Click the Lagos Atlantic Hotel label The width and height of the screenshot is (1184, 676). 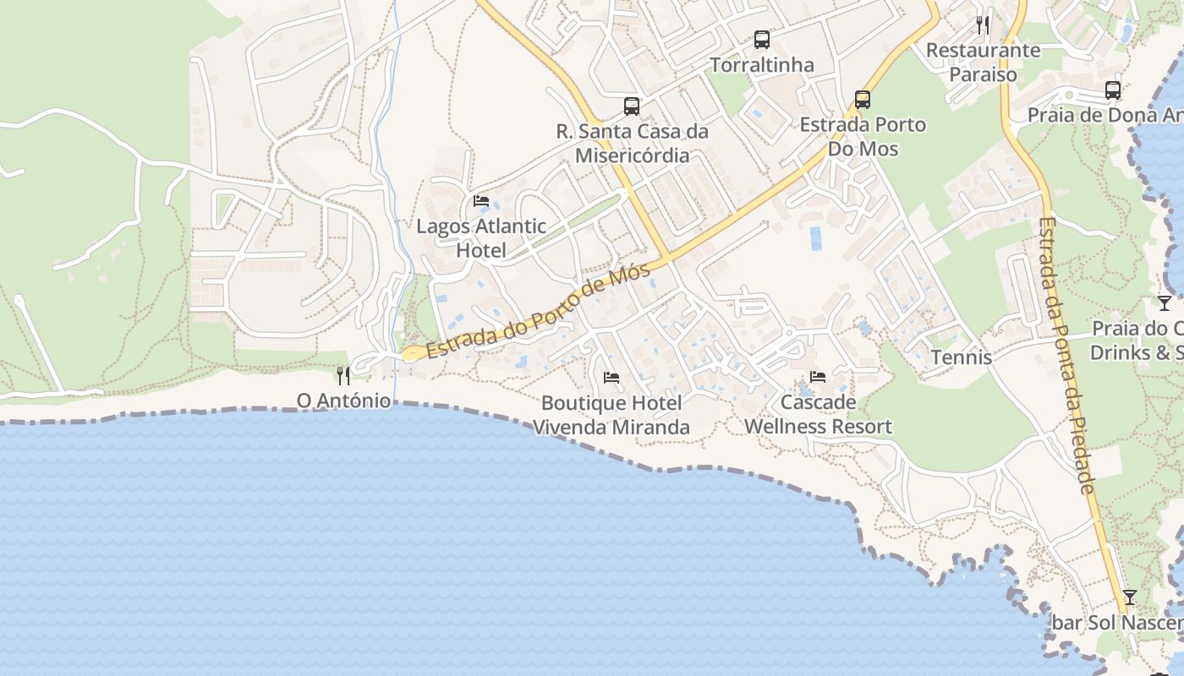[x=481, y=238]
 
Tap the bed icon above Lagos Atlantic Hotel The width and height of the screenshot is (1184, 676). [x=481, y=201]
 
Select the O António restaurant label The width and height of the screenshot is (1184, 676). [x=343, y=400]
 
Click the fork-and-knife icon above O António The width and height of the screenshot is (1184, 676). [x=343, y=375]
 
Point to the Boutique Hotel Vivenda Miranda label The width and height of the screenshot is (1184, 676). [x=611, y=415]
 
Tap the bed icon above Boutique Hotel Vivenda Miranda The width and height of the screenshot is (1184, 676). [x=611, y=377]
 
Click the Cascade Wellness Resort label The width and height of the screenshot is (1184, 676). [x=818, y=414]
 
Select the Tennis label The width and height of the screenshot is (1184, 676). [x=962, y=357]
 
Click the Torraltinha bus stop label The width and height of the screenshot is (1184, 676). [x=762, y=65]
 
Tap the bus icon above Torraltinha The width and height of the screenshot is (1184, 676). [x=762, y=40]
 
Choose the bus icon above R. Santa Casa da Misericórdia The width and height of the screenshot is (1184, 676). [x=632, y=106]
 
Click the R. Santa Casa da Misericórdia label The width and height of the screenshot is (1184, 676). [x=632, y=144]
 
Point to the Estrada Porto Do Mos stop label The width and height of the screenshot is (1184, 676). [x=863, y=137]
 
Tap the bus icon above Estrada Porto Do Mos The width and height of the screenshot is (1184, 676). [x=863, y=100]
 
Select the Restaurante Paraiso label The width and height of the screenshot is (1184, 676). [x=983, y=62]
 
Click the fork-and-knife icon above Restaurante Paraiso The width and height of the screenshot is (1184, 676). [x=983, y=25]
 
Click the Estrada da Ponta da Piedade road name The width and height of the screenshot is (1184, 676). [x=1066, y=355]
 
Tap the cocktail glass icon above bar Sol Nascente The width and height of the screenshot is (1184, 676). [x=1129, y=597]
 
